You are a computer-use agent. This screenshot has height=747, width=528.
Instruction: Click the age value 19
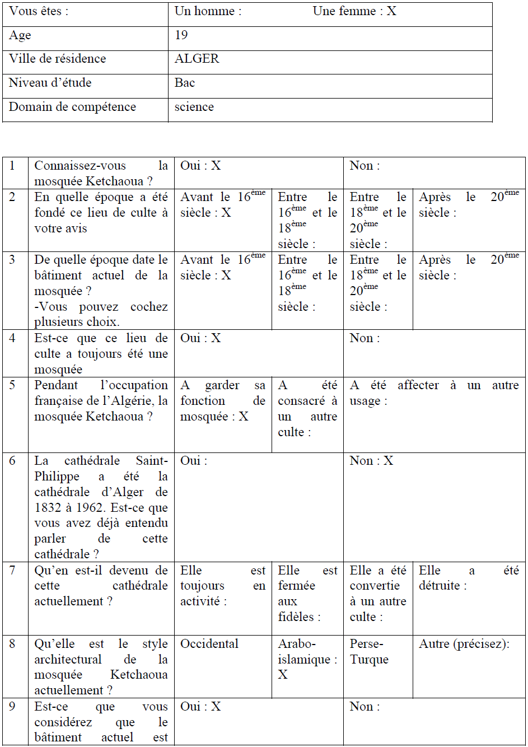tap(181, 35)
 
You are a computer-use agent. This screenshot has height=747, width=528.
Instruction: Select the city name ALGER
tap(197, 59)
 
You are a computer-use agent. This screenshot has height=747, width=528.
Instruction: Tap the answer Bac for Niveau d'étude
tap(185, 83)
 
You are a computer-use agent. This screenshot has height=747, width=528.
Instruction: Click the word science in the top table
tap(194, 107)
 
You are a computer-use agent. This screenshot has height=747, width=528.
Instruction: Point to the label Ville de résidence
tap(57, 59)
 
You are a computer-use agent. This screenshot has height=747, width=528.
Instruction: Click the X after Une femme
tap(391, 11)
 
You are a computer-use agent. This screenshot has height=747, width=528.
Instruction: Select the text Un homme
tap(208, 11)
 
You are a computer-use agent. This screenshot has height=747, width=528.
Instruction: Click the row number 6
tap(12, 461)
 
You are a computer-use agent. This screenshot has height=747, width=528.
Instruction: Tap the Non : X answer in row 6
tap(371, 461)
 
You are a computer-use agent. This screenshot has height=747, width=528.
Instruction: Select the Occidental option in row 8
tap(209, 644)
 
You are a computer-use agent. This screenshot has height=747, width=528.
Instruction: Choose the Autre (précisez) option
tap(464, 644)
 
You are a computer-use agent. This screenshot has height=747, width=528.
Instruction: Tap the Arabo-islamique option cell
tap(307, 659)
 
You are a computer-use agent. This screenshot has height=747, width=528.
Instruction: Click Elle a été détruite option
tap(469, 578)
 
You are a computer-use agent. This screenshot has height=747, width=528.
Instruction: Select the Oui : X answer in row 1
tap(200, 166)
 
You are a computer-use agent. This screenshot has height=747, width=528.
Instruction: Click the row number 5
tap(12, 385)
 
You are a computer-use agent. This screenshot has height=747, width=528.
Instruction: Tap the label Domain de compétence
tap(72, 107)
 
